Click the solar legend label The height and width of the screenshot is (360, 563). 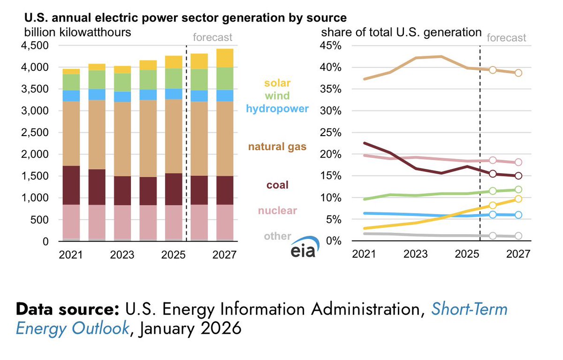(x=277, y=83)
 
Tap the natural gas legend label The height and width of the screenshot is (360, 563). (x=277, y=147)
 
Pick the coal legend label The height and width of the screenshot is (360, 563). (x=277, y=185)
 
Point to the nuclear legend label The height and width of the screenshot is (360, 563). (x=277, y=210)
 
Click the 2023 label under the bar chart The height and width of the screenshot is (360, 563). (x=122, y=255)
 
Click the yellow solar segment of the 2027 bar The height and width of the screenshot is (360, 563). (x=224, y=58)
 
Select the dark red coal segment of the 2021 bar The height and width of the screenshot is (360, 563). (x=71, y=185)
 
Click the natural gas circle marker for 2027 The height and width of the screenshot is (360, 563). (x=518, y=73)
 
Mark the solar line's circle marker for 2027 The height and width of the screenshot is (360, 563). (x=518, y=199)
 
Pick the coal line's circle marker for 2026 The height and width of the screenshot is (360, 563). (x=493, y=174)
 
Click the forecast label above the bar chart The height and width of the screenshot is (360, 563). (x=213, y=38)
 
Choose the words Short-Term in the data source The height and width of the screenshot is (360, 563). (x=469, y=310)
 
